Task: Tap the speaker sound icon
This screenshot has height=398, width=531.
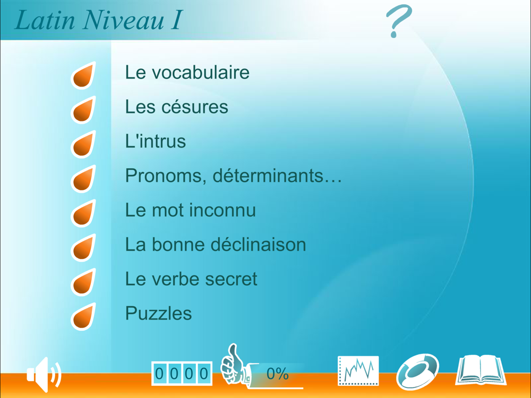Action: [44, 374]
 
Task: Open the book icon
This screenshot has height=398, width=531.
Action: [481, 370]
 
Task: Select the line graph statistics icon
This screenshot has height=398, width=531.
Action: [358, 370]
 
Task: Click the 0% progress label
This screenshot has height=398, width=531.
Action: [277, 374]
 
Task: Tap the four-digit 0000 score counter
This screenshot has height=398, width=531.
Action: [182, 374]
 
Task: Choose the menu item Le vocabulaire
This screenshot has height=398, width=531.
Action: [187, 72]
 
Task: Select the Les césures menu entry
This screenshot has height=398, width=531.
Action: [176, 107]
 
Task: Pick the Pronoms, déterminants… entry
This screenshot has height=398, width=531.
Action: [234, 175]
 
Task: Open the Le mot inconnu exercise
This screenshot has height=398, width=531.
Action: [190, 210]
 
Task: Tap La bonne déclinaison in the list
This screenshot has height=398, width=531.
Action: [216, 244]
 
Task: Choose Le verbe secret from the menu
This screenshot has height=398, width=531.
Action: [191, 279]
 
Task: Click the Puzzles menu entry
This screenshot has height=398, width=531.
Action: [158, 314]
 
